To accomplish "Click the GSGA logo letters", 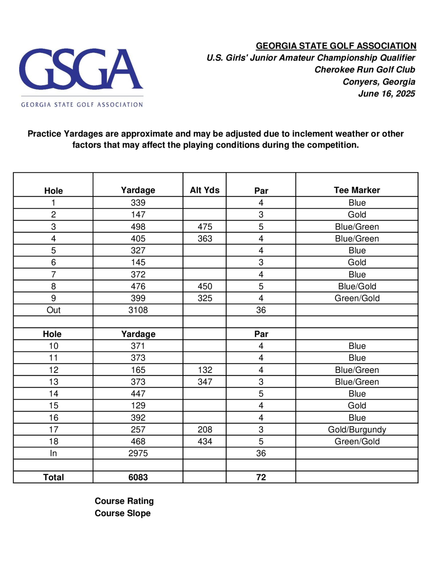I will [81, 69].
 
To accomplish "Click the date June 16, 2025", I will [387, 94].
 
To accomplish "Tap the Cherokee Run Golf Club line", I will [365, 70].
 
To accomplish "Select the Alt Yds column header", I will [205, 190].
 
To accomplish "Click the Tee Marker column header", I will [357, 190].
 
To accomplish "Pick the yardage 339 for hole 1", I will [138, 203].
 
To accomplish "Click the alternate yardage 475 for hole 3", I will [205, 227].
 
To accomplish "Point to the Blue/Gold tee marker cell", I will [357, 286].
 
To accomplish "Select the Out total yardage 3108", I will [138, 310].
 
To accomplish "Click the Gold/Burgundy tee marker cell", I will [357, 429].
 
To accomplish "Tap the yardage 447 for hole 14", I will [138, 394].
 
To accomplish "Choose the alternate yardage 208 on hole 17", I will [205, 429].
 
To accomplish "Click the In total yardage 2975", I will [138, 453].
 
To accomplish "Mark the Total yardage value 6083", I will [138, 477].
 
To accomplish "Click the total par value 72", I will [261, 477].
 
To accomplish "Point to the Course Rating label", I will [124, 501].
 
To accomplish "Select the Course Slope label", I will [123, 513].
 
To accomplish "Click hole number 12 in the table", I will [54, 370].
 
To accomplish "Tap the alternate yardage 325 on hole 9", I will [205, 298].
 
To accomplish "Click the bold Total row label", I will [54, 477].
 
